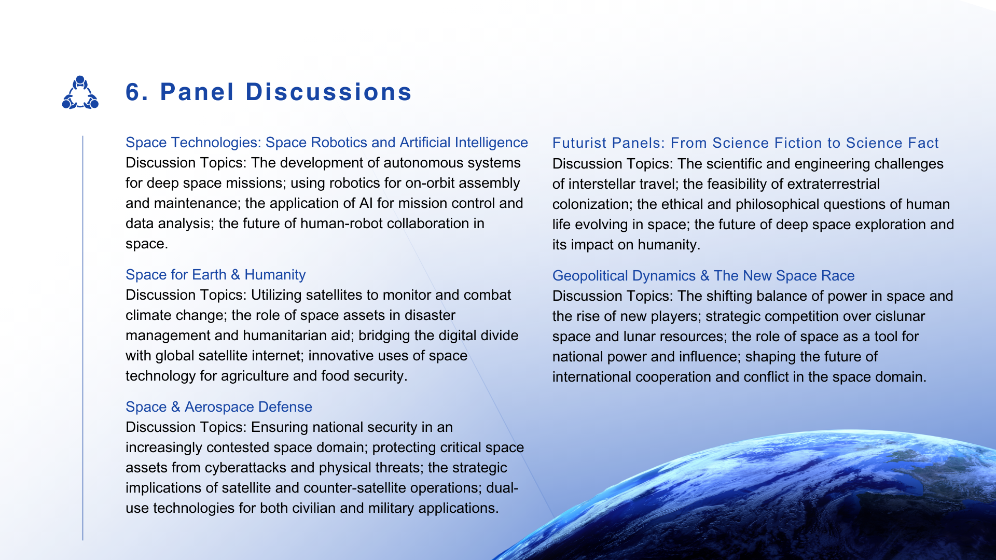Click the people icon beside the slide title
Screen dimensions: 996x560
(x=80, y=92)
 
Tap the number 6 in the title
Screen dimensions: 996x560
(x=133, y=92)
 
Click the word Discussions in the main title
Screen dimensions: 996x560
(x=328, y=92)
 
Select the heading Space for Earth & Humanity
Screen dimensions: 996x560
(x=216, y=275)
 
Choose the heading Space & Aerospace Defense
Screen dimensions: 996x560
(x=219, y=407)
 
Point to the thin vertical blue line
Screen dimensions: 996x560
(x=83, y=338)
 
